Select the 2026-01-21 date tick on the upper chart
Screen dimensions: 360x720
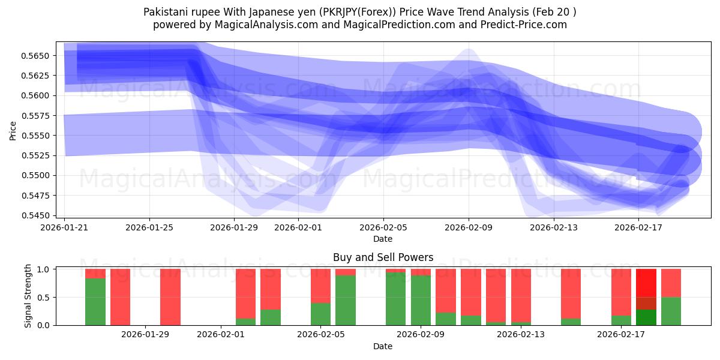(x=65, y=227)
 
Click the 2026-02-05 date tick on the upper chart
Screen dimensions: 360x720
(x=383, y=227)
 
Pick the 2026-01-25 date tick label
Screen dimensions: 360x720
(x=149, y=227)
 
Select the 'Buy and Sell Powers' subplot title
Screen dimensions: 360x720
(x=383, y=258)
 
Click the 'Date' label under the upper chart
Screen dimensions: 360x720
(x=383, y=239)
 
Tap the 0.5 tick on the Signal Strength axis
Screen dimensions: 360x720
(x=46, y=298)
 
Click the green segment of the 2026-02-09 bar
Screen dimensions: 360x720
(x=421, y=300)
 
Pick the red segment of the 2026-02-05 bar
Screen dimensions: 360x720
(x=320, y=286)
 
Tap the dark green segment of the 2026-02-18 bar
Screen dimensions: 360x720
(x=646, y=317)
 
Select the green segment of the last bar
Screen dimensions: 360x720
(x=671, y=311)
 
